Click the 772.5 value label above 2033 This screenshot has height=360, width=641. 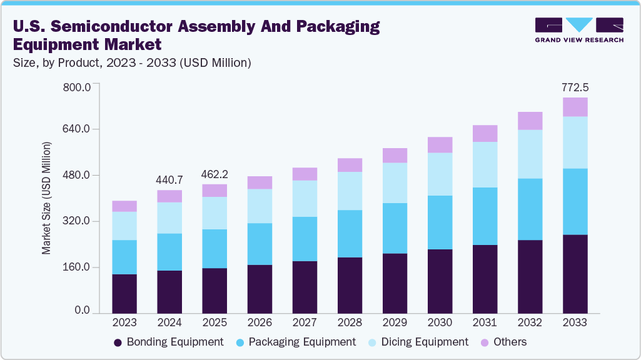(575, 87)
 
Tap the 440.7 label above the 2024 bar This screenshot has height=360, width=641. (169, 180)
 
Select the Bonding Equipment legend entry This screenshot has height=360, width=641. (168, 342)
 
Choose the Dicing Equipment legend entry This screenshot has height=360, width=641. (417, 342)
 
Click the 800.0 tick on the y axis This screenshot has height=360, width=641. (78, 86)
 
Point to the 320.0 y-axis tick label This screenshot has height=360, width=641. (78, 221)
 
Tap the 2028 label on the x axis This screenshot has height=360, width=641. (350, 322)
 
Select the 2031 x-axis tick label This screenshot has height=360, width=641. (485, 322)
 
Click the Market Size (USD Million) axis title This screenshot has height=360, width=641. (46, 198)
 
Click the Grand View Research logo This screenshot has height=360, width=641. (578, 30)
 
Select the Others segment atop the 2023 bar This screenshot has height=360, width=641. (124, 206)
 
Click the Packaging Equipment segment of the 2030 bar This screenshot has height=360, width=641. (440, 222)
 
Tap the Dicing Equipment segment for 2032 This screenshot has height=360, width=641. (530, 154)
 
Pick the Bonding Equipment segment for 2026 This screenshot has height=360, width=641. (260, 289)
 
